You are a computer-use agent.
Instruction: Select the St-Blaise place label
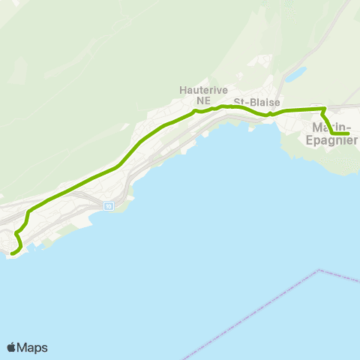251,101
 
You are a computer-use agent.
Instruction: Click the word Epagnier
332,139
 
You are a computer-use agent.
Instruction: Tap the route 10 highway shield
109,205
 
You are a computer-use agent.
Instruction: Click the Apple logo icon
12,347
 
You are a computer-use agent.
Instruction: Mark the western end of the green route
10,253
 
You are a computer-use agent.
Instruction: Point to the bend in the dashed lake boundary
319,270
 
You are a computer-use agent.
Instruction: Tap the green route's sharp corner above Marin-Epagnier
323,109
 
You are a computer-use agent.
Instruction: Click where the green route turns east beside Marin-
331,134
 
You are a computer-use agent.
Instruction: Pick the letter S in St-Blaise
236,101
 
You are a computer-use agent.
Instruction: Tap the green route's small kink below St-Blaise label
269,114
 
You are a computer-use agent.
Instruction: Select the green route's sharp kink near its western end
16,234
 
